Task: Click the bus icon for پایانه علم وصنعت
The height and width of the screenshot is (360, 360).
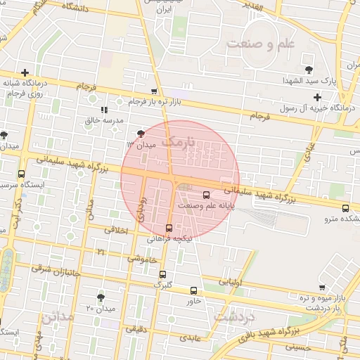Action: point(206,195)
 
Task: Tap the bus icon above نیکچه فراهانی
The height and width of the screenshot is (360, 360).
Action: point(169,228)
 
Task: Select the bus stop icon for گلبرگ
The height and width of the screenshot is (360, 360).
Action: point(163,275)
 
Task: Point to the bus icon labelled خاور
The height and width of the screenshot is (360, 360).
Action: point(194,290)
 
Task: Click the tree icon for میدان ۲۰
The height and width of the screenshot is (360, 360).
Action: point(101,297)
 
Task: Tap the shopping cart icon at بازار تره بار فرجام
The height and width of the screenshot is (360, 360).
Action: point(154,92)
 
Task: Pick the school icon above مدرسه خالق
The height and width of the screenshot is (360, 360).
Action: point(104,110)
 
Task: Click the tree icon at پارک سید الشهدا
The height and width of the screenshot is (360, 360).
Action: point(309,69)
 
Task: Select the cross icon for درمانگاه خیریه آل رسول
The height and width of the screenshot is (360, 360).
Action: point(317,97)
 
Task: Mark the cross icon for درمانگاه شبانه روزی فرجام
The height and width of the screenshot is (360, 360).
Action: point(25,72)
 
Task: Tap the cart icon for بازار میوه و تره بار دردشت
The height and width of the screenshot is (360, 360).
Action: point(322,288)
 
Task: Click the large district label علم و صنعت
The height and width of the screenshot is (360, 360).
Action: point(260,44)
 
